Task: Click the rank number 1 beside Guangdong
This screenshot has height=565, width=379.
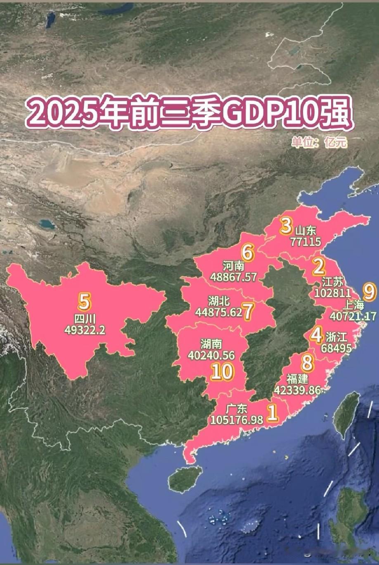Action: point(272,413)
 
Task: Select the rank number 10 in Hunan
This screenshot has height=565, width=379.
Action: point(222,372)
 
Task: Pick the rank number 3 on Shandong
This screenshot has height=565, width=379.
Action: point(285,226)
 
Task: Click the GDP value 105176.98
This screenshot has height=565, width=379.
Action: point(237,420)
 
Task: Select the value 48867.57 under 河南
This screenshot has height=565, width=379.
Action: point(233,277)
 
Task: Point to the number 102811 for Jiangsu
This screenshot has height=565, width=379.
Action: point(332,293)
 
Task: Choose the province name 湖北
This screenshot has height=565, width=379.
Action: point(219,301)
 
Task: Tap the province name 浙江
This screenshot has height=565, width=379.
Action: point(337,337)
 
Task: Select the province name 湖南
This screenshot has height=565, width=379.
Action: point(211,343)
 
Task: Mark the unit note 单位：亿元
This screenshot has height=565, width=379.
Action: point(319,143)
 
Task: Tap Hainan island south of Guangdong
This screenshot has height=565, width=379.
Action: point(185,479)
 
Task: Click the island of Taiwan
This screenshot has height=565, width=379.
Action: point(346,413)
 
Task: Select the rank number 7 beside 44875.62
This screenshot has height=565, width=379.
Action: point(247,312)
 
